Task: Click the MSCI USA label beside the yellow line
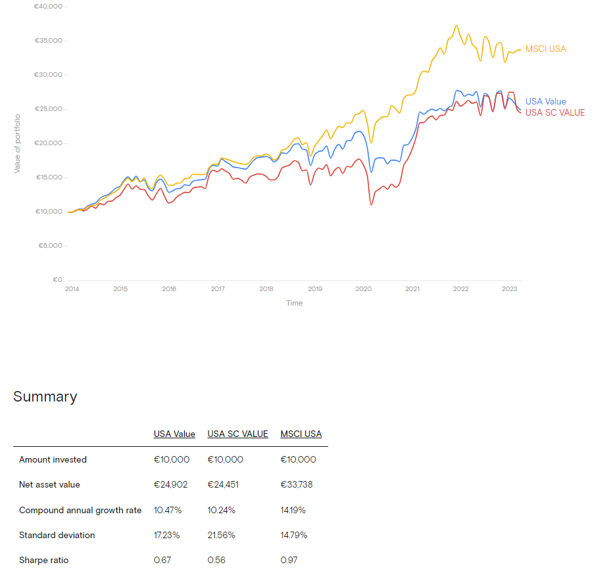[545, 49]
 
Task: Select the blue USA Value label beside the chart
[545, 102]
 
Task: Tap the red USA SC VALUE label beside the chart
[554, 112]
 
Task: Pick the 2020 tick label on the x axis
[364, 289]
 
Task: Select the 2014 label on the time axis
[72, 289]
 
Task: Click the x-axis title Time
[294, 303]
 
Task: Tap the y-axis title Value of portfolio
[18, 143]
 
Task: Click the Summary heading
[45, 397]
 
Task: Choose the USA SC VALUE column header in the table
[237, 434]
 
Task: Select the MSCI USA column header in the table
[301, 434]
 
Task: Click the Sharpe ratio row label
[43, 561]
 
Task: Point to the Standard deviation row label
[57, 536]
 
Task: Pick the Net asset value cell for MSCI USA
[298, 485]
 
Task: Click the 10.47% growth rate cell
[168, 511]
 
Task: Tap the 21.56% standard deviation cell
[221, 536]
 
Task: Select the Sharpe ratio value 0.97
[288, 561]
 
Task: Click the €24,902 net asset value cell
[171, 485]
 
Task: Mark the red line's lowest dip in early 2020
[372, 205]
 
